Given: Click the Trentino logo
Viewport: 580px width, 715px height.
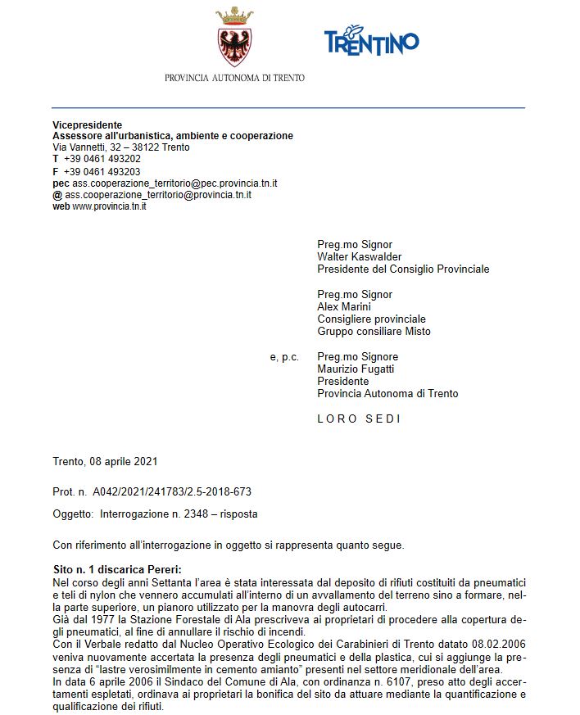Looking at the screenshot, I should [x=371, y=40].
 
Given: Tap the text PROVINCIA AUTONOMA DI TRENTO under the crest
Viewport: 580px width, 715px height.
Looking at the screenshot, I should [x=234, y=78].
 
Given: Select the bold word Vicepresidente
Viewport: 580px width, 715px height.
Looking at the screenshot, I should [x=88, y=124].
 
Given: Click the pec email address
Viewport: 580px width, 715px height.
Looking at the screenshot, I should [x=171, y=183].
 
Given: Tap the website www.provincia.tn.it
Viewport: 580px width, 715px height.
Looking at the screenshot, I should [x=109, y=206].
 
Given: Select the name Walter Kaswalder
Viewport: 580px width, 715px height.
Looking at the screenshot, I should [x=360, y=256].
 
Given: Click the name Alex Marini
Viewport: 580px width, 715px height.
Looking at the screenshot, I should [x=343, y=306].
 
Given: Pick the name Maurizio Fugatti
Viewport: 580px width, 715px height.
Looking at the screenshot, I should [x=355, y=369].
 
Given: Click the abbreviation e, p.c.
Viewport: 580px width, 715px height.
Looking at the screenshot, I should [x=283, y=357].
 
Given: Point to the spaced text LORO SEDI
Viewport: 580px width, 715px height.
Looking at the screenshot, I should [x=359, y=419].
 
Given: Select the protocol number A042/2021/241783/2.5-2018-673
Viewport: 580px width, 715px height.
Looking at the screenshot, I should [x=172, y=492].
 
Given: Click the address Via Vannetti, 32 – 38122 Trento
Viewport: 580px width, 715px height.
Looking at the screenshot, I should [x=120, y=147].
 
